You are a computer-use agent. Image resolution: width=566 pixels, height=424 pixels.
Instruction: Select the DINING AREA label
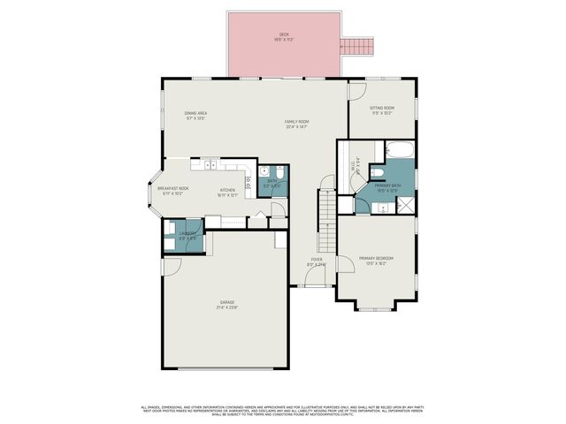195,114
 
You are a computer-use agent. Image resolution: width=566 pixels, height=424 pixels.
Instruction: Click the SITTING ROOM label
382,109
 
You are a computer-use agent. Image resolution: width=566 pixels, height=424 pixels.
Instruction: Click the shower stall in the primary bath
405,205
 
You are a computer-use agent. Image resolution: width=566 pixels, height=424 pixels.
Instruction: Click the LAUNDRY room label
187,236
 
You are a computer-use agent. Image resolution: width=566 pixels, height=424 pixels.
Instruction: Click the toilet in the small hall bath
279,174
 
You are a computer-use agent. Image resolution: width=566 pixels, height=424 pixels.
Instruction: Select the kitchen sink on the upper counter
210,164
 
